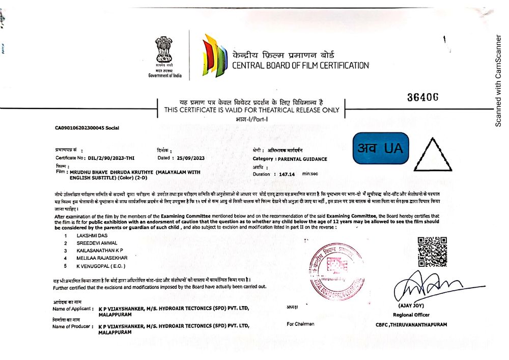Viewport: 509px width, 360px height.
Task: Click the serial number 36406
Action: coord(423,97)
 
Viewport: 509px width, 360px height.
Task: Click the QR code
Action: coord(432,252)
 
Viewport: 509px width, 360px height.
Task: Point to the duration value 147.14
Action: coord(287,174)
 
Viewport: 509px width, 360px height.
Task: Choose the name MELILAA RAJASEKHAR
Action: coord(102,258)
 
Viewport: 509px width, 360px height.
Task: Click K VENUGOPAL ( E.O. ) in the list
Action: coord(100,266)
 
